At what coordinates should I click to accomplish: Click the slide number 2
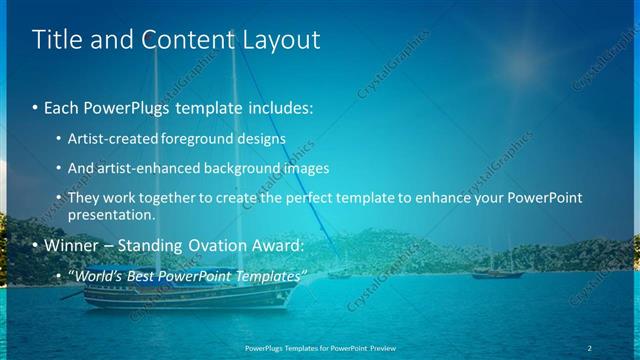tap(590, 346)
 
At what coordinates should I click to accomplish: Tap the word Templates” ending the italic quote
tap(269, 274)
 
